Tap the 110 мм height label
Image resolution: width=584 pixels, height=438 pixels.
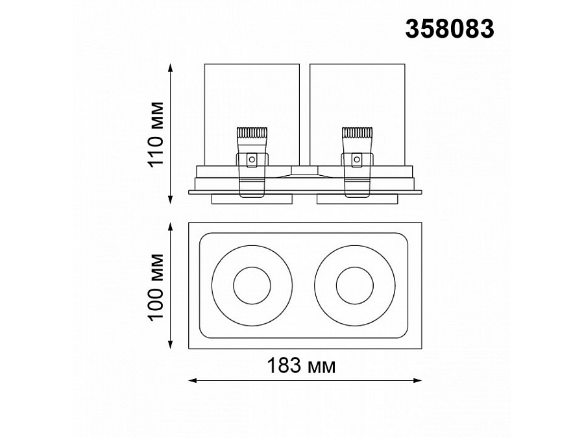coord(156,134)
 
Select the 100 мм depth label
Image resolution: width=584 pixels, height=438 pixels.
coord(156,286)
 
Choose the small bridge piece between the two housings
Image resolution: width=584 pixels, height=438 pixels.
coord(305,170)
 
